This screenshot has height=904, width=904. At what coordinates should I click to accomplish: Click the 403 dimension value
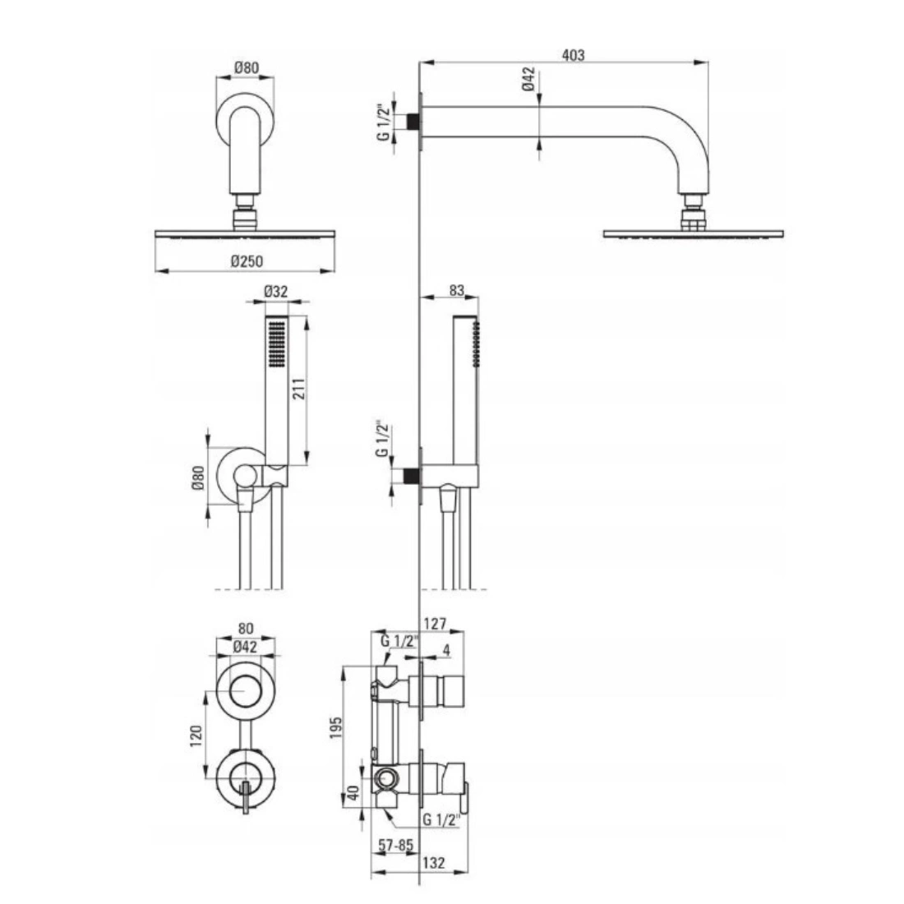click(573, 55)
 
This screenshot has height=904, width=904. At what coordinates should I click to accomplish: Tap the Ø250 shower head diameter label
click(247, 261)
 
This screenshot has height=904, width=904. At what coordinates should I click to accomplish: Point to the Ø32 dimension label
click(275, 292)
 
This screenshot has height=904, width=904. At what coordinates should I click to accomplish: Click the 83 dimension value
click(456, 290)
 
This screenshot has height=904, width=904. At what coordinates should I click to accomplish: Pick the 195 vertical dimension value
click(336, 727)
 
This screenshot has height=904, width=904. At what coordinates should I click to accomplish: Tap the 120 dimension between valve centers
click(196, 736)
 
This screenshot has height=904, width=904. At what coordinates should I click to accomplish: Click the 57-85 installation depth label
click(395, 845)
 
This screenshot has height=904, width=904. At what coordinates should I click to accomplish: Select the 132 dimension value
click(434, 862)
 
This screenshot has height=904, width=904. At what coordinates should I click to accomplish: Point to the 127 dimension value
click(435, 624)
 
